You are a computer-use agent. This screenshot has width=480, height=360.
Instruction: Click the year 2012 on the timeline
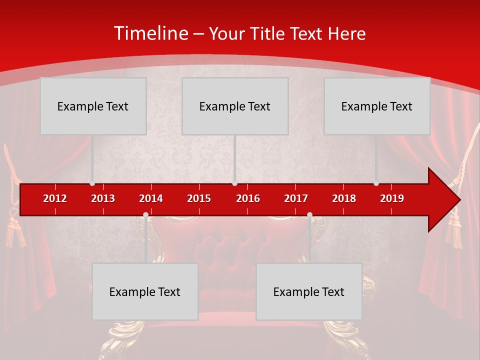point(55,198)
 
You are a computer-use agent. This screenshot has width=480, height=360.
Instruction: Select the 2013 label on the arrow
point(103,198)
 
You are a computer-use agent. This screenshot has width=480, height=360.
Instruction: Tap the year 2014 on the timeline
point(151,198)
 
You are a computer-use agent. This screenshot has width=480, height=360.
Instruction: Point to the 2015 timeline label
point(199,198)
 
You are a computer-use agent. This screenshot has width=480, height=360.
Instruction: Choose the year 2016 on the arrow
point(248,198)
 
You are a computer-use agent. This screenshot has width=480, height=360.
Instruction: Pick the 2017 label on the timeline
point(296,198)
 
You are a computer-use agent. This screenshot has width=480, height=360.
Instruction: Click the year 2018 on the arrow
point(344,198)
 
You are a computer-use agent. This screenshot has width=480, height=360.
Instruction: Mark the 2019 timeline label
point(392,198)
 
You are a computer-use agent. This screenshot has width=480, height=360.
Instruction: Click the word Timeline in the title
point(150,33)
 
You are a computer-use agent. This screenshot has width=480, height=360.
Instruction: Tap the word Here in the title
point(346,34)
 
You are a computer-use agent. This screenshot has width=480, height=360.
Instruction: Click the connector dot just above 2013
point(92,183)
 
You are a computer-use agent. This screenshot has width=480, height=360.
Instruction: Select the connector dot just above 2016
point(234,183)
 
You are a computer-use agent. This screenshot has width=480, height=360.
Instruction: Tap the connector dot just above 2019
point(376,183)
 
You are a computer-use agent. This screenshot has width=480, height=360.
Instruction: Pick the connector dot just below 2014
point(145,215)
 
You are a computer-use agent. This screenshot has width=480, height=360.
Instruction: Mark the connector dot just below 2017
point(309,215)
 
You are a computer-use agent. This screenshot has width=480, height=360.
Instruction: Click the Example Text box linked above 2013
point(93,106)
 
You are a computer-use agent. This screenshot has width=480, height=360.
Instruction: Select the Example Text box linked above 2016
point(235,106)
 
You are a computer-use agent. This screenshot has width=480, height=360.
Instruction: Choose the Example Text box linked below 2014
point(145,291)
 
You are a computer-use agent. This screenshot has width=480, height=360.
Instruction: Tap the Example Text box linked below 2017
point(309,291)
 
